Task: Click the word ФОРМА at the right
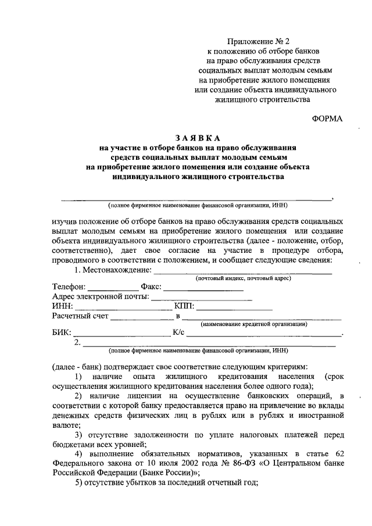(x=327, y=118)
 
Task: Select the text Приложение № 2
(x=257, y=41)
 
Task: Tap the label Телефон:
(x=69, y=287)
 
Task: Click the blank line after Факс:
(x=203, y=288)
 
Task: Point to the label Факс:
(x=151, y=287)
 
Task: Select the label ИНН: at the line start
(x=62, y=306)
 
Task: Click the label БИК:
(x=62, y=334)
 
